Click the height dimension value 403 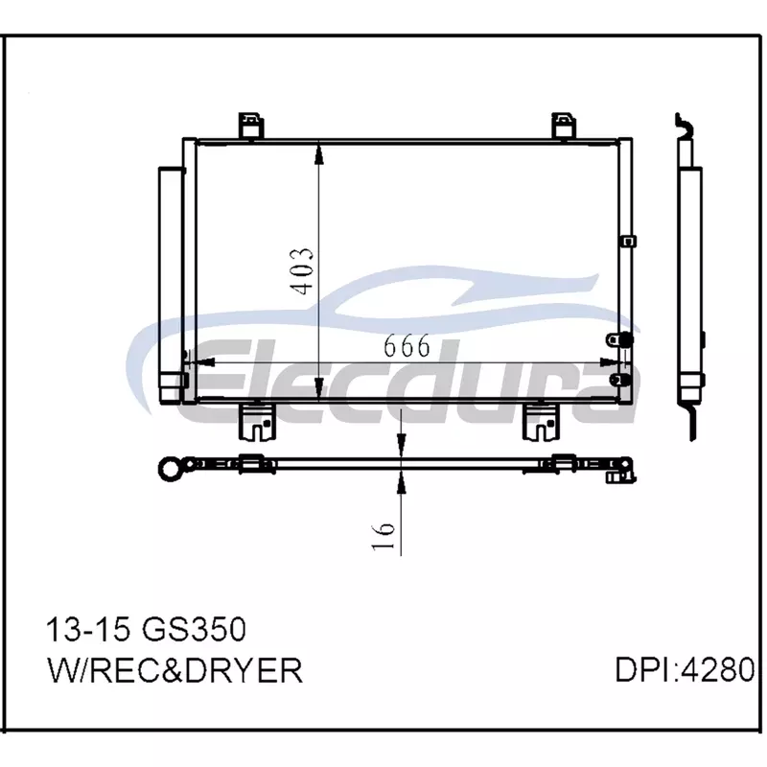[300, 271]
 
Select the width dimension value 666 [407, 345]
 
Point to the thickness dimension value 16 [384, 537]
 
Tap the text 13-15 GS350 [147, 629]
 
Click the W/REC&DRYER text [175, 670]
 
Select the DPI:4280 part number [686, 669]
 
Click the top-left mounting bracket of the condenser [251, 126]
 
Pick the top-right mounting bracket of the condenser [564, 126]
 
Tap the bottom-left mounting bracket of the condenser [257, 421]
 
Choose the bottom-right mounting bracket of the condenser [541, 421]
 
